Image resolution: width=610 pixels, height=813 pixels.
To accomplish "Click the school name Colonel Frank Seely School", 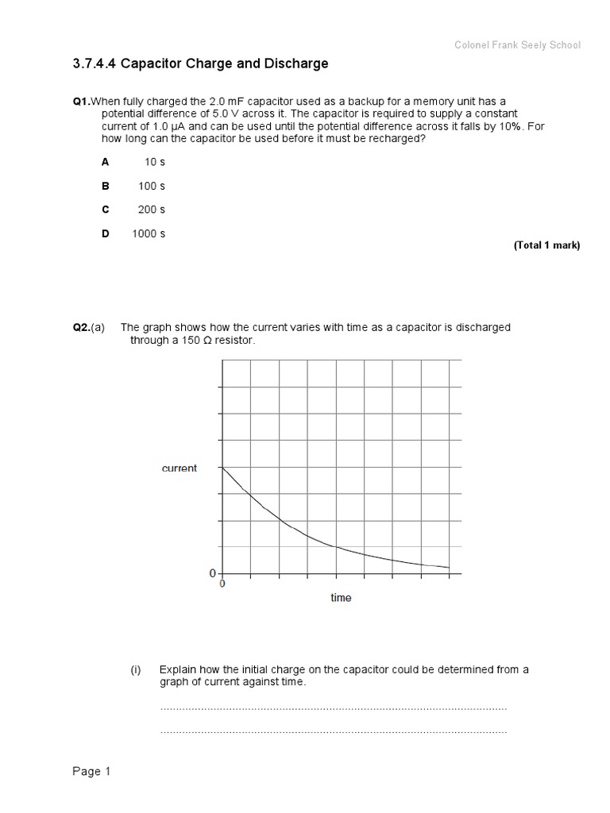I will coord(517,45).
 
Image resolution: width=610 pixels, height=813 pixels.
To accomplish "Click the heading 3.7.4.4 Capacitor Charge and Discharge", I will coord(199,64).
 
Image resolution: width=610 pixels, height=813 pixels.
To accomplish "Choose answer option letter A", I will coord(105,162).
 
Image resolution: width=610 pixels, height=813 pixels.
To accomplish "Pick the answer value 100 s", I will coord(151,186).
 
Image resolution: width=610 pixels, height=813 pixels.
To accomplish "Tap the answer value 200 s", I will coord(151,210).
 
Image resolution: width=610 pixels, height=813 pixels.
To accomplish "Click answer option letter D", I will coord(105,233).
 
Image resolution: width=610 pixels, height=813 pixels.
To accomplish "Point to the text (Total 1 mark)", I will coord(546,245).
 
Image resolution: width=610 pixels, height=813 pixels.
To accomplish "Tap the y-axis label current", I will coord(180,468).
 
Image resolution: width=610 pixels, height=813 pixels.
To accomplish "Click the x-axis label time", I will coord(341,598).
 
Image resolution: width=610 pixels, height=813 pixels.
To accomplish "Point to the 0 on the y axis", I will coord(213,573).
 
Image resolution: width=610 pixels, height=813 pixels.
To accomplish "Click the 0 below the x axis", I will coord(222,583).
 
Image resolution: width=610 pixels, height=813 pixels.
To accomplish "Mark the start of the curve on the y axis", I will coord(222,468).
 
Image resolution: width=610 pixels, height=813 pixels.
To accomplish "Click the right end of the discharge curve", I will coord(450,568).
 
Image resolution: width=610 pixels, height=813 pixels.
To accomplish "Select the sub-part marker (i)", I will coord(136,669).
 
